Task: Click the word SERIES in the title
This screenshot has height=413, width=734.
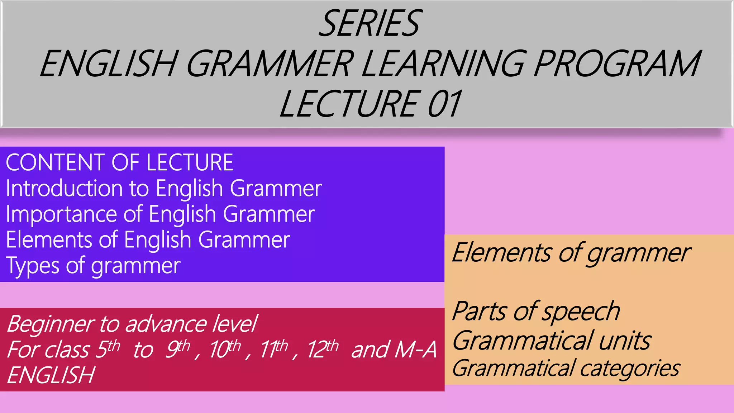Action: click(x=369, y=24)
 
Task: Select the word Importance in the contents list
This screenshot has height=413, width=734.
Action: click(x=61, y=214)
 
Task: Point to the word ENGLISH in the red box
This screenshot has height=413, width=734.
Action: click(x=51, y=375)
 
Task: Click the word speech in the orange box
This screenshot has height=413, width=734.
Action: click(x=581, y=312)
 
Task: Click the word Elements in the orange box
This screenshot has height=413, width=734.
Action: click(x=501, y=253)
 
